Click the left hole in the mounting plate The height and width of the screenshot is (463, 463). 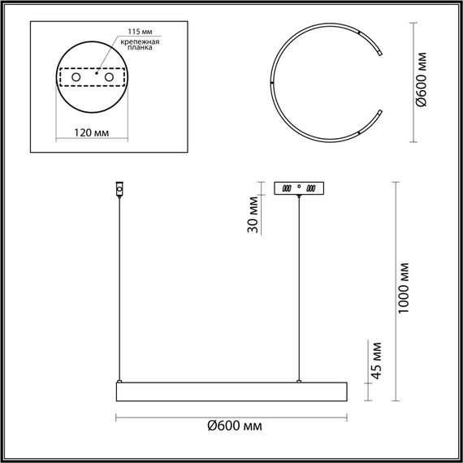[76, 77]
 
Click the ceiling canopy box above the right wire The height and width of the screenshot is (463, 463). [300, 187]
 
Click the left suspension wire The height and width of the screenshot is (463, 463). [120, 284]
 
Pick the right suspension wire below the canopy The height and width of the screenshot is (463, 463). [300, 284]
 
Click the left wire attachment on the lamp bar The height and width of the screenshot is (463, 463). [120, 380]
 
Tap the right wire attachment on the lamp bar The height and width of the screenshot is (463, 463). [300, 380]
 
